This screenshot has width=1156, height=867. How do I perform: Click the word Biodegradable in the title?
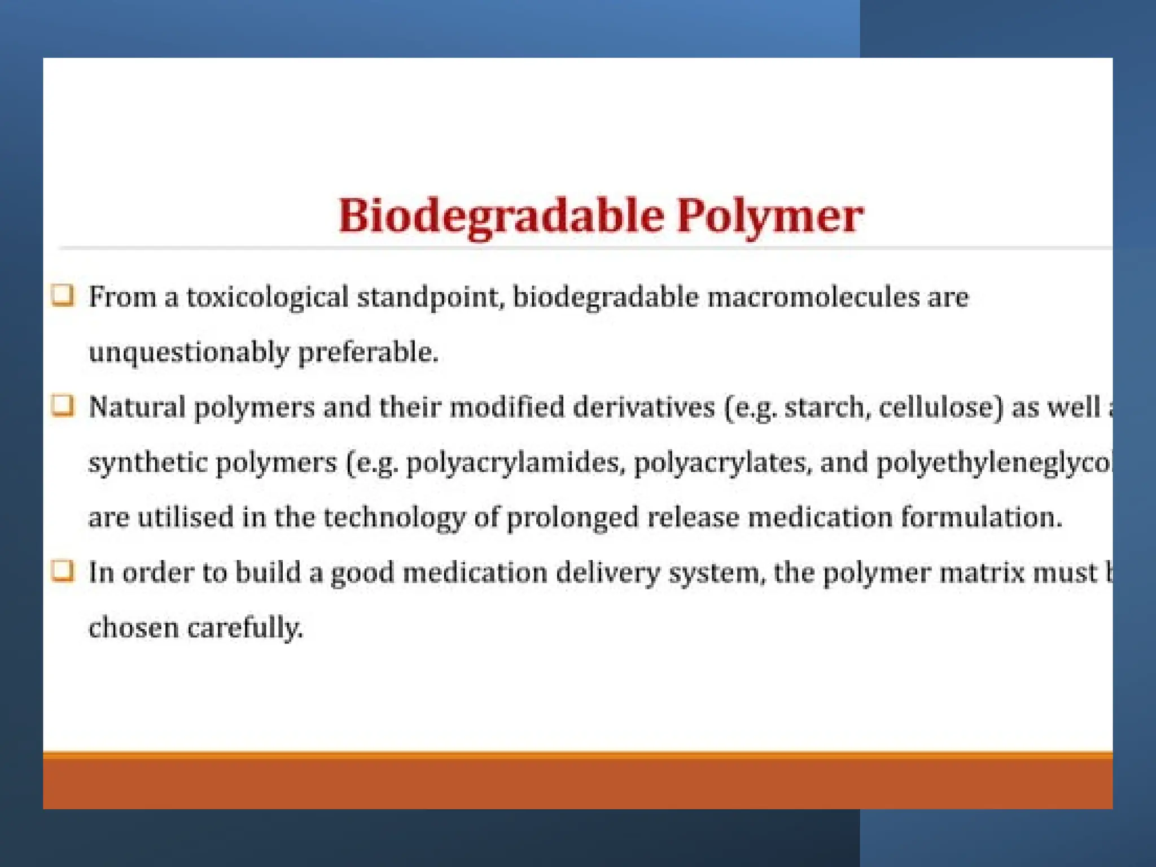(501, 217)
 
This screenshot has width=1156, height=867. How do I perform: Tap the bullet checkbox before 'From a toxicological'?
(63, 295)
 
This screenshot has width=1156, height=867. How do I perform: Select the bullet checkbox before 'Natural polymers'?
(63, 405)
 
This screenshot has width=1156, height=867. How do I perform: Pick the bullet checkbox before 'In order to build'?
(63, 571)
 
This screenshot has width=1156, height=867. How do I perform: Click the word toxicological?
(267, 297)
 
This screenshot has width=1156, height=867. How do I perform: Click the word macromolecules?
(813, 297)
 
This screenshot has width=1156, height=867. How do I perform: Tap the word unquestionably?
(189, 353)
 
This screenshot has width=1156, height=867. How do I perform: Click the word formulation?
(982, 517)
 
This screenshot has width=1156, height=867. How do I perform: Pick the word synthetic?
(148, 463)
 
